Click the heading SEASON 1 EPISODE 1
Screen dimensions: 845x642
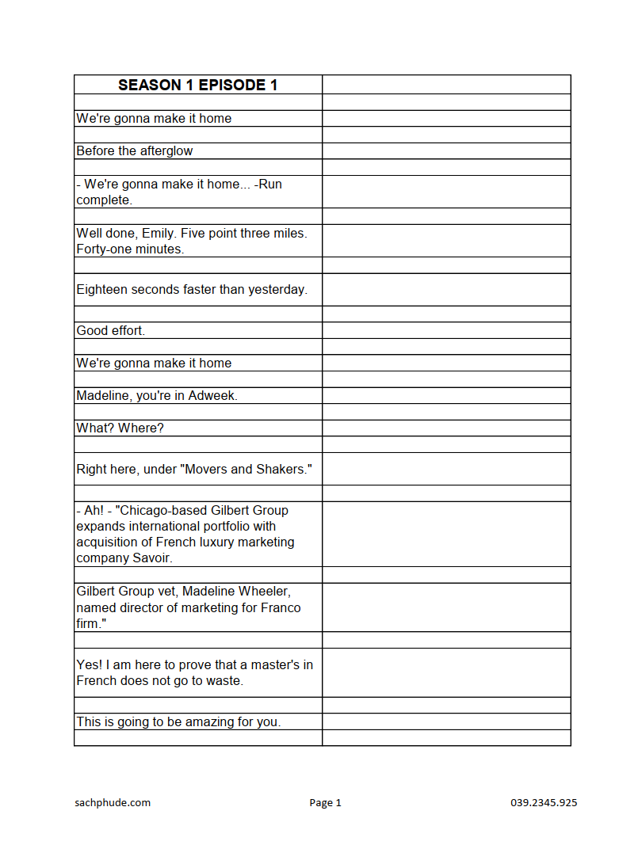197,85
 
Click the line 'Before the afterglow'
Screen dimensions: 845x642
134,151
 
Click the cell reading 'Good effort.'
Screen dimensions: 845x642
110,331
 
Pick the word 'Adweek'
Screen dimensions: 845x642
212,396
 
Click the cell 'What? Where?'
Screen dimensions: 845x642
120,428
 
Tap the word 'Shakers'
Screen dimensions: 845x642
283,470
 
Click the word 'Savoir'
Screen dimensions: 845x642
155,558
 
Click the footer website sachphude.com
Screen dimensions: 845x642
113,803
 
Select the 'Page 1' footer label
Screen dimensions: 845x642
325,803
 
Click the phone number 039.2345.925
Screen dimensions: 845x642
544,803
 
